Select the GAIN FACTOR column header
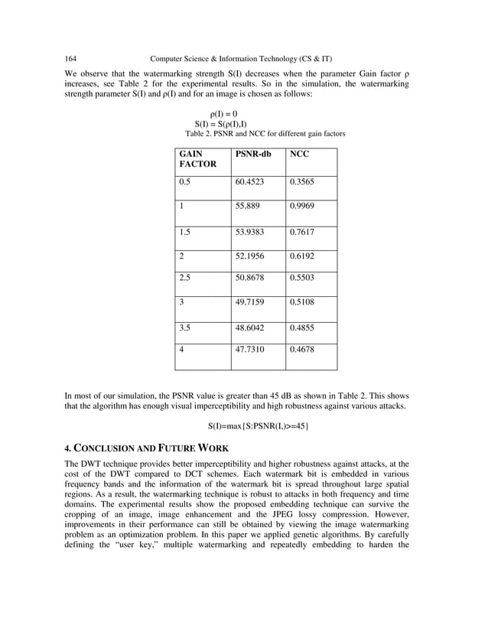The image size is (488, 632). [197, 158]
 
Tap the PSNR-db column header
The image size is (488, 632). [254, 154]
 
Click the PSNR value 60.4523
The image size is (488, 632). [255, 182]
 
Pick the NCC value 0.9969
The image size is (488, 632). [302, 207]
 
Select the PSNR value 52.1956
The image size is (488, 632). [255, 257]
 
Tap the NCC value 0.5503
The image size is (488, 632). [302, 278]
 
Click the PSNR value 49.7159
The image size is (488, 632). [255, 302]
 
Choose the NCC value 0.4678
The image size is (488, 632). [302, 349]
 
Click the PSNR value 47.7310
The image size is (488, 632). [255, 349]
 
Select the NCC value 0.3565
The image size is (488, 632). [302, 182]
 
